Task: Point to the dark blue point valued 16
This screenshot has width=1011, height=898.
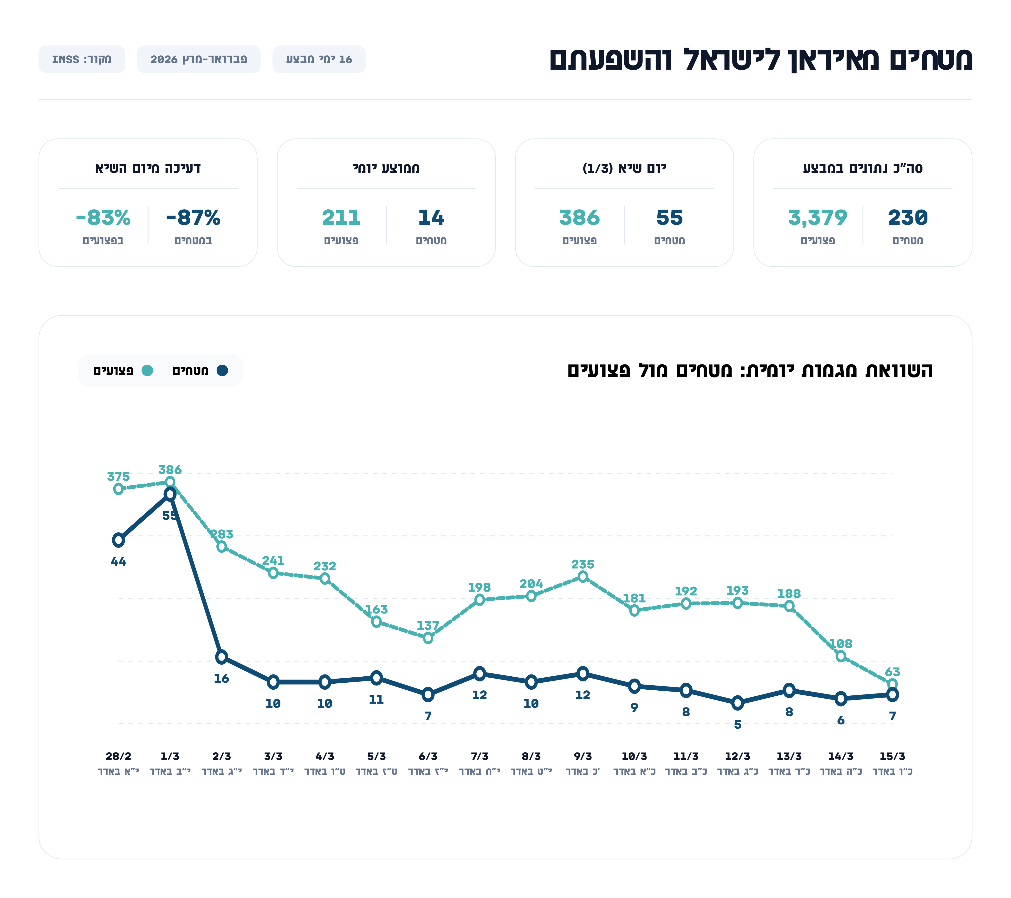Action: [x=222, y=657]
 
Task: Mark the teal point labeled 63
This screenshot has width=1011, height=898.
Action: [x=892, y=684]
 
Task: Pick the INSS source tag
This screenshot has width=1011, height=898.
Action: [x=82, y=59]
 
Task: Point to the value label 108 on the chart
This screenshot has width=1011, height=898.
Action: [x=841, y=644]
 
